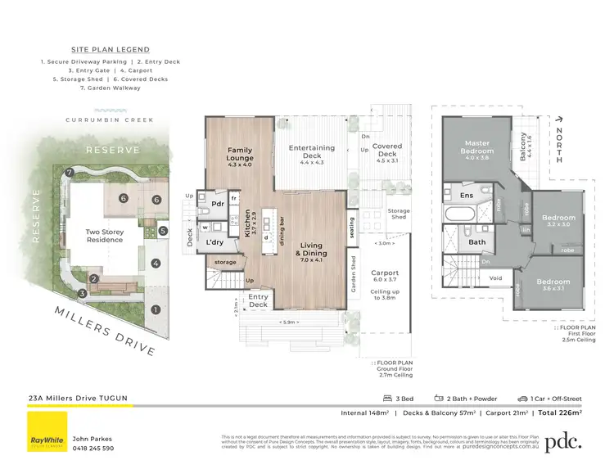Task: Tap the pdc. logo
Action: [563, 441]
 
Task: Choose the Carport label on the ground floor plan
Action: [384, 273]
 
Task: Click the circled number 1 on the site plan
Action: [155, 309]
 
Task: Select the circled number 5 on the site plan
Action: [165, 231]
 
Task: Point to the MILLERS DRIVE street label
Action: [106, 331]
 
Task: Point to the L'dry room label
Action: [216, 244]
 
